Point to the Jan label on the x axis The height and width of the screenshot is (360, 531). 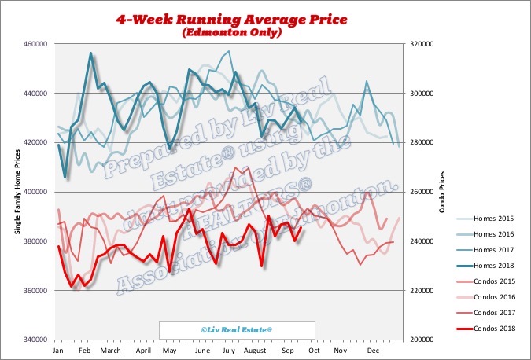click(57, 348)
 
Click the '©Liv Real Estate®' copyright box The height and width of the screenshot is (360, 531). click(236, 330)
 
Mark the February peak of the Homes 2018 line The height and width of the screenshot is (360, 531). click(91, 53)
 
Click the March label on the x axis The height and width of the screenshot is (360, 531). click(110, 348)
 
